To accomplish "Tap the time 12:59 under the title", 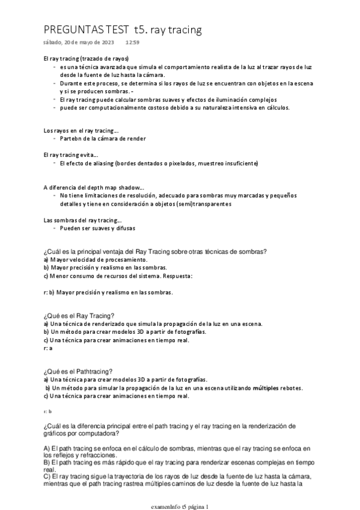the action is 132,43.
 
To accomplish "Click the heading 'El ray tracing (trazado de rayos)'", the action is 87,59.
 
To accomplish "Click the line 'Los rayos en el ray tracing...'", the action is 81,130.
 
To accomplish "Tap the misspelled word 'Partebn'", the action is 71,138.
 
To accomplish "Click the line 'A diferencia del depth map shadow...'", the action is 94,187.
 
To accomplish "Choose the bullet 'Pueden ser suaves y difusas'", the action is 97,229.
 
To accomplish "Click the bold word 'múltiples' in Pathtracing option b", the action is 268,388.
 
